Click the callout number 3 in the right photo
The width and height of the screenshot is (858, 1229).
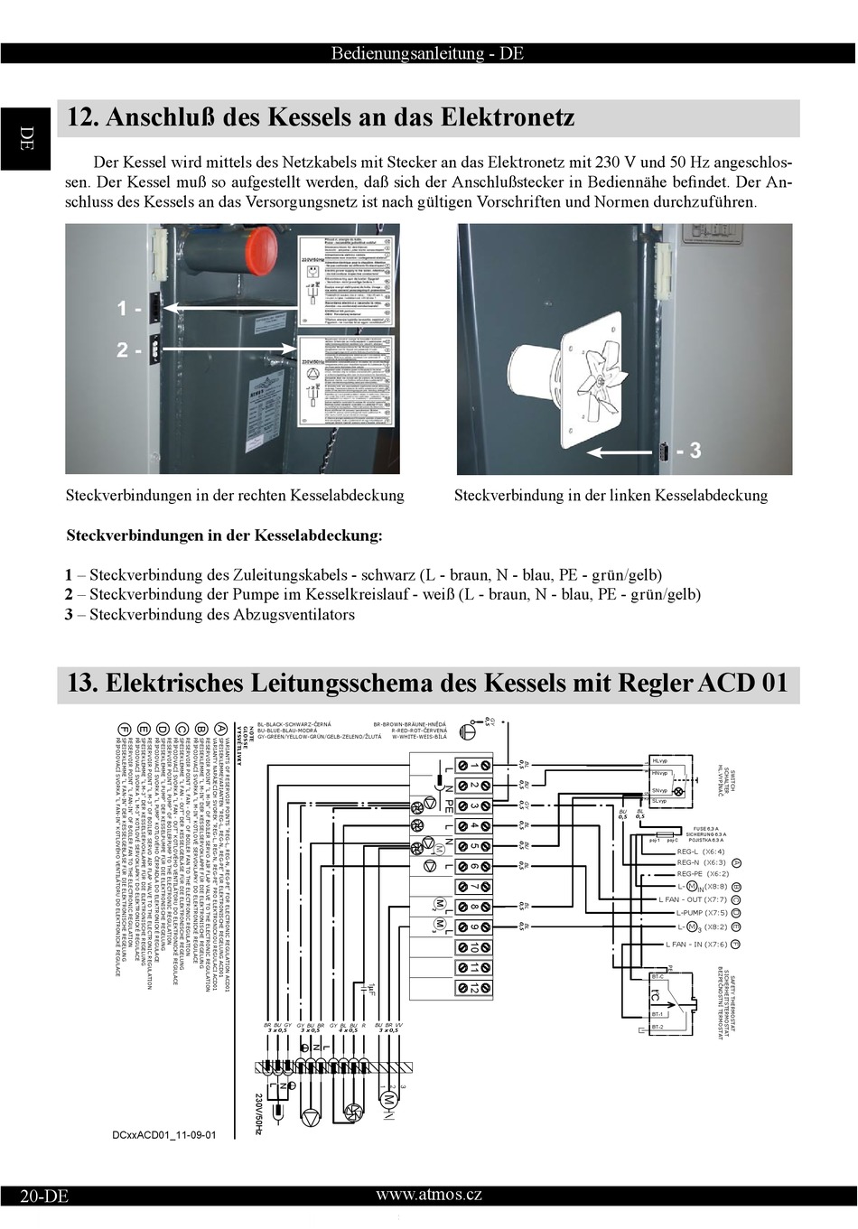pos(694,450)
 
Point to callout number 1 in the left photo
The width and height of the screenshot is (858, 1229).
pos(125,309)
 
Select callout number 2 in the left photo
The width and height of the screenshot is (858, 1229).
pos(125,349)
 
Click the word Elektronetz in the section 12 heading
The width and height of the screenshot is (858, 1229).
pos(508,117)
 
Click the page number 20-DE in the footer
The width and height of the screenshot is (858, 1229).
pos(44,1196)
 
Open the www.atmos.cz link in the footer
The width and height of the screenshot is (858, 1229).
pos(429,1195)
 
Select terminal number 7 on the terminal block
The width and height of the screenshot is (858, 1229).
pos(474,887)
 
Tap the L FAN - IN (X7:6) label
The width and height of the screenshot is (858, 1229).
pos(696,945)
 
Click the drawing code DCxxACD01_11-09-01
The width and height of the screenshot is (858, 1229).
pos(164,1135)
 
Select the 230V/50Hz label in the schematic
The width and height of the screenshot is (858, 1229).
pos(259,1113)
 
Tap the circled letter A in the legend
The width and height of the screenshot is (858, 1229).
pos(221,729)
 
